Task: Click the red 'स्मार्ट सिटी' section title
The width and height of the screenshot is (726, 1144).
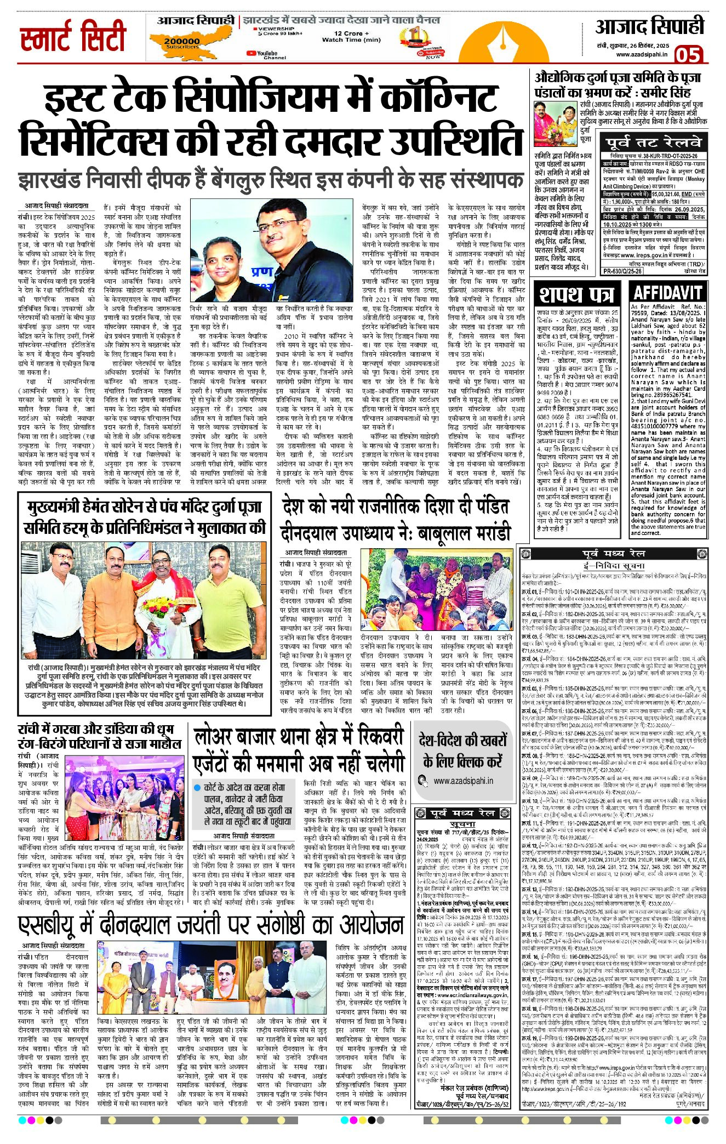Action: pos(73,37)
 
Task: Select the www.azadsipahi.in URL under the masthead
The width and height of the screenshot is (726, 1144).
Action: pos(641,55)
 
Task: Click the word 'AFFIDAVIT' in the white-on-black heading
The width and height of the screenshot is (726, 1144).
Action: pos(667,292)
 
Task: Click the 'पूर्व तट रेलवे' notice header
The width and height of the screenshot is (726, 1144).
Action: pos(653,143)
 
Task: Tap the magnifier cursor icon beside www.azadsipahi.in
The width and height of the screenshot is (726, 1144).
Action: pos(422,781)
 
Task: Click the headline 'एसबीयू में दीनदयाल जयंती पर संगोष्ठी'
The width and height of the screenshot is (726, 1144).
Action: pos(211,926)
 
